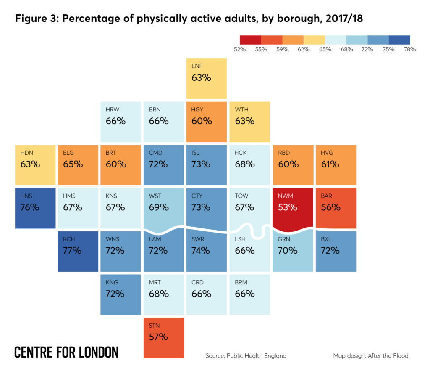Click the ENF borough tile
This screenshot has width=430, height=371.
tap(207, 79)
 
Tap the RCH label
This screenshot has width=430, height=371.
tap(69, 239)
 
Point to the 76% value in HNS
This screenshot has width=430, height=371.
tap(30, 207)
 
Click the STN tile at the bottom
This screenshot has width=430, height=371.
tap(164, 337)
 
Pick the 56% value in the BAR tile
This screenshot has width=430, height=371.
tap(330, 207)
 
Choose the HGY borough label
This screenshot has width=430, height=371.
tap(197, 110)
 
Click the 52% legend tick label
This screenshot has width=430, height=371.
tap(240, 49)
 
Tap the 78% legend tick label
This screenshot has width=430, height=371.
tap(409, 49)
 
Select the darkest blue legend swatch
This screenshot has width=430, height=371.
tap(399, 40)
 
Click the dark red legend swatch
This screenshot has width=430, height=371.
tap(250, 40)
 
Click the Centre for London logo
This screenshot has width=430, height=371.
tap(66, 352)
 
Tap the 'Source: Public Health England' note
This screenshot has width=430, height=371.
tap(246, 355)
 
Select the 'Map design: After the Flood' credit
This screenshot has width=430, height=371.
tap(370, 355)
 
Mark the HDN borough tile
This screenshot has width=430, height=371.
tap(35, 165)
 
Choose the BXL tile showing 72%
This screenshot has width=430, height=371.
tap(336, 251)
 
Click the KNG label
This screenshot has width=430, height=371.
tap(112, 282)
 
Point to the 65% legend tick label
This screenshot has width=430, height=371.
tap(325, 49)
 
